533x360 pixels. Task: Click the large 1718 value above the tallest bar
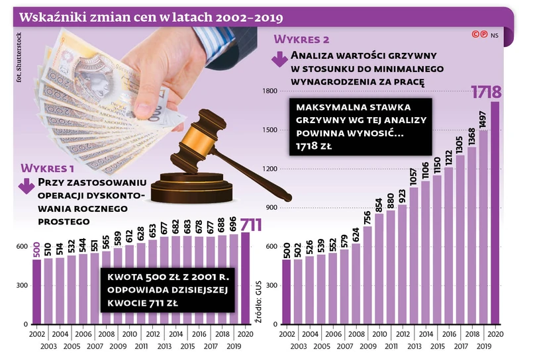[486, 91]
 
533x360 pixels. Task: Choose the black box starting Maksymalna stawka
[360, 126]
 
